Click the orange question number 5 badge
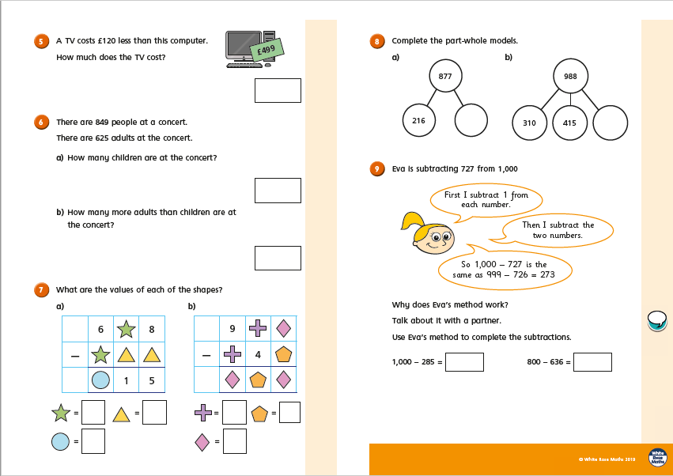(40, 41)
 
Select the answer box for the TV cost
(278, 90)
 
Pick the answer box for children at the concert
(278, 190)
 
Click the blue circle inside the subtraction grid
(100, 380)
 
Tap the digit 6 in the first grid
(100, 328)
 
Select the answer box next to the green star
(93, 412)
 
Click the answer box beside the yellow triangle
(154, 412)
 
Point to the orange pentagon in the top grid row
(284, 355)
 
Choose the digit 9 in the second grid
(233, 328)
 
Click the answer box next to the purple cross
(234, 412)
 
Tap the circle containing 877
(444, 77)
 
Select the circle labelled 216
(419, 121)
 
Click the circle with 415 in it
(569, 123)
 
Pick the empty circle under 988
(610, 123)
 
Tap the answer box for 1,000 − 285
(464, 361)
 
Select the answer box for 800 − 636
(592, 361)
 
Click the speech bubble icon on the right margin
(656, 319)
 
